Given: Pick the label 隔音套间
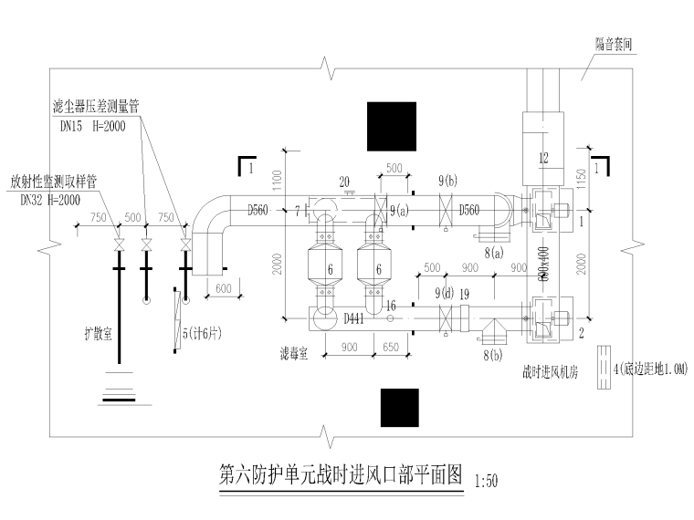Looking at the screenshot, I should (614, 43).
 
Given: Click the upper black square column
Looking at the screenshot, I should (391, 126).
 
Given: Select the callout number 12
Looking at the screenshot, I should (544, 158).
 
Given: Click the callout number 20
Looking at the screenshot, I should (345, 180).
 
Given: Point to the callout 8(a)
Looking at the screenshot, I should (494, 252).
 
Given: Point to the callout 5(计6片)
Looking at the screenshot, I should (202, 334).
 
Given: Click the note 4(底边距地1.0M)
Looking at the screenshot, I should (649, 369).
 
